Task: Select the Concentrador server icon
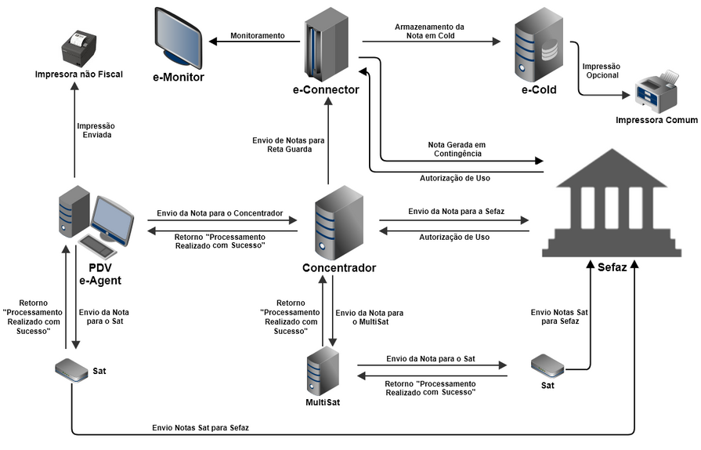338,222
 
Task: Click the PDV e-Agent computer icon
93,223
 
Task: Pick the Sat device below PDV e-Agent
72,370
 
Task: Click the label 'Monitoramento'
257,36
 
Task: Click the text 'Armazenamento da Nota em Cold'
429,31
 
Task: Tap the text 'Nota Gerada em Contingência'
457,149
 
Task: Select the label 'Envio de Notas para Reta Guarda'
288,144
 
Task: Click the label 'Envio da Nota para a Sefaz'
457,212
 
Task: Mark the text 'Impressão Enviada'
96,130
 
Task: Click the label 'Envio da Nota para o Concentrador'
219,212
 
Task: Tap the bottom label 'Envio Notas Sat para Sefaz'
201,427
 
